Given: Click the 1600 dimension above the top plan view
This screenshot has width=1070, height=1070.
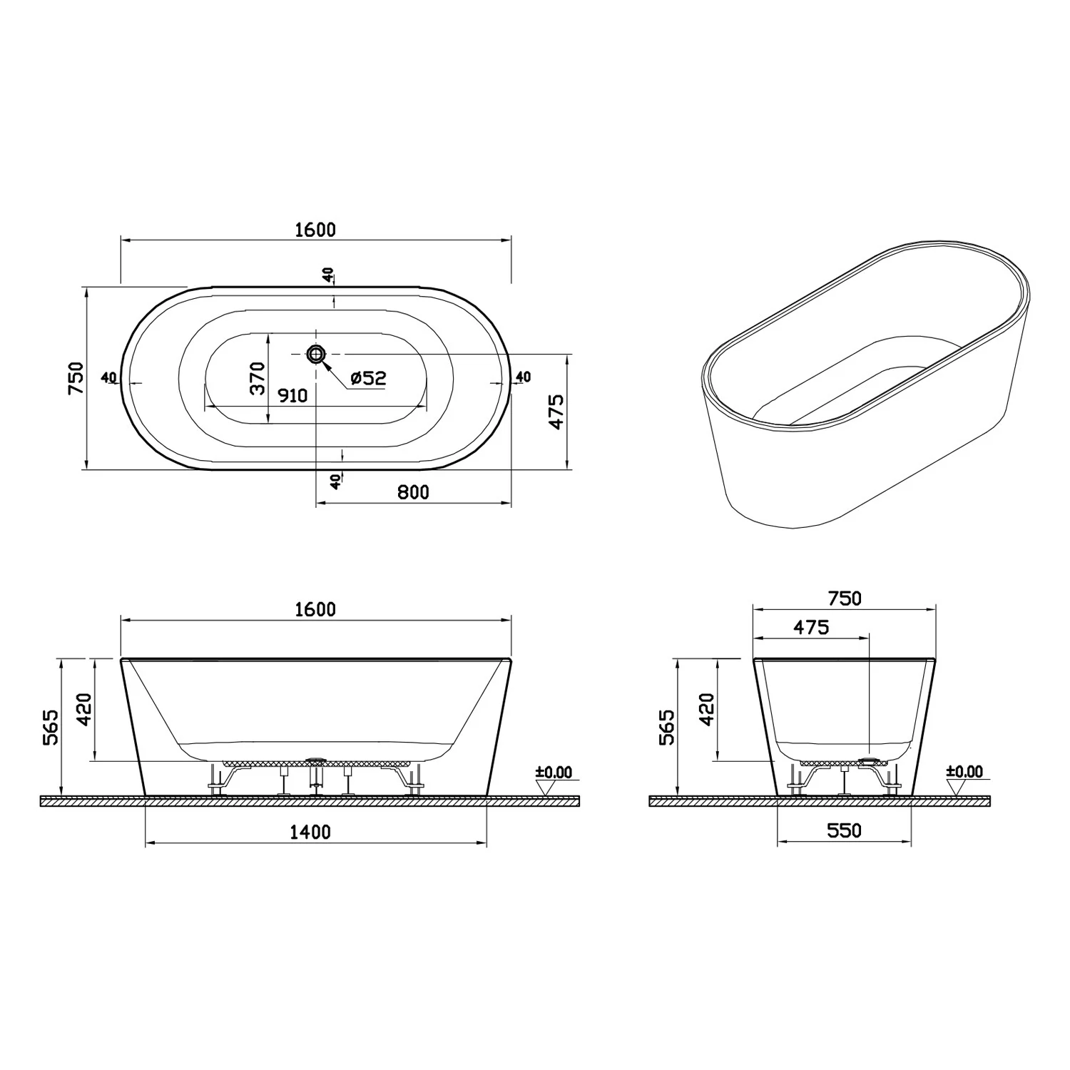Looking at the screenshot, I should click(315, 230).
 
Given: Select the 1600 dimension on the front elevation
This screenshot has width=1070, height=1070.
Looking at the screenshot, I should click(315, 609).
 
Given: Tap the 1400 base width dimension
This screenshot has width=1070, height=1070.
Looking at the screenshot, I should click(311, 832).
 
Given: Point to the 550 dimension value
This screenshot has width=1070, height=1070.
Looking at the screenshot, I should click(844, 830).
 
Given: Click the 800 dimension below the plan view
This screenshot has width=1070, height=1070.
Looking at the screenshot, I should click(413, 492).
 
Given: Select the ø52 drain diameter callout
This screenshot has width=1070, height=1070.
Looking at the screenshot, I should click(368, 378).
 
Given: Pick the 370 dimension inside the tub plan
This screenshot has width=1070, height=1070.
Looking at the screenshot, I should click(258, 378).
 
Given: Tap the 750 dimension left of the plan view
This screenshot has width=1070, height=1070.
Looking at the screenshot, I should click(76, 378).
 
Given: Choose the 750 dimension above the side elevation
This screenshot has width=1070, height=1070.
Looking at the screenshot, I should click(844, 598).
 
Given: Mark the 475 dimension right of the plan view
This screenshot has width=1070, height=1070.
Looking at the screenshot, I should click(557, 411).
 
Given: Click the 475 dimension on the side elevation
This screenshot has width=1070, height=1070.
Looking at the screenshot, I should click(811, 627).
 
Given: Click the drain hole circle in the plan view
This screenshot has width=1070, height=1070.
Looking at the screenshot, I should click(316, 353).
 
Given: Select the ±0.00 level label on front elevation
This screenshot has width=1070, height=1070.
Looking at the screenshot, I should click(554, 773).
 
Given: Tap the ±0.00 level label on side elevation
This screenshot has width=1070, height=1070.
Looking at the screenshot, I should click(964, 772).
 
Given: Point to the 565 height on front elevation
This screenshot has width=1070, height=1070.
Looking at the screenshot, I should click(51, 728).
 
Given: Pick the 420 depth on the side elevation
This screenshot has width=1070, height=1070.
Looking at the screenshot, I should click(706, 709).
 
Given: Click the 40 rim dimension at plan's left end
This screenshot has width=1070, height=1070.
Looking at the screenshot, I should click(109, 377).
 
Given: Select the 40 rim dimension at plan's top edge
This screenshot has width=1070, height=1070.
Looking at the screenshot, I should click(327, 275).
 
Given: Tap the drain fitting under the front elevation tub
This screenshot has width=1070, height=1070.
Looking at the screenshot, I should click(315, 762).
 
